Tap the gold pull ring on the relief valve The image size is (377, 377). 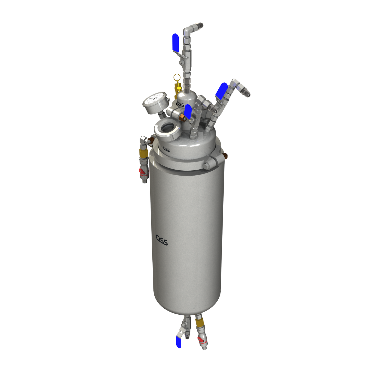[177, 77]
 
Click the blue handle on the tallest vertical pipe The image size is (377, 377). [176, 42]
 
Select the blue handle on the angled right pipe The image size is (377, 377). [222, 90]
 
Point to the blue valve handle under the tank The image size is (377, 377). [179, 342]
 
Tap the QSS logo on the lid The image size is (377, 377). [166, 149]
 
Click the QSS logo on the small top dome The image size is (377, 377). [181, 104]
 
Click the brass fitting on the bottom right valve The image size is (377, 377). [200, 323]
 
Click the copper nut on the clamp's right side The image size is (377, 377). [225, 156]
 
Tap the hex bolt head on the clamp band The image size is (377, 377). [206, 166]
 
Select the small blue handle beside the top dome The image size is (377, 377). [188, 112]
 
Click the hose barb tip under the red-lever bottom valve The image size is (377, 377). [205, 347]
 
